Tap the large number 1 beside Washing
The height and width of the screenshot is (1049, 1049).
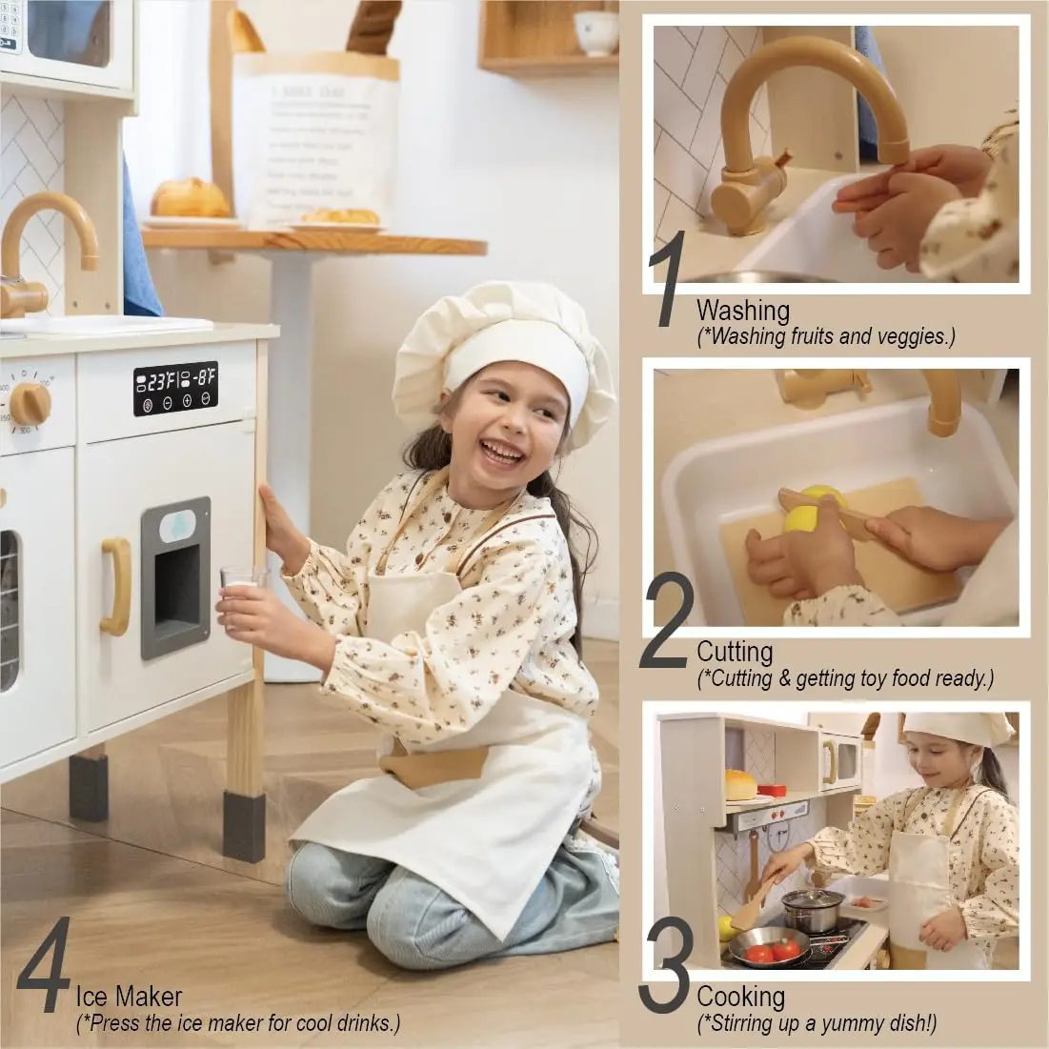pyautogui.click(x=671, y=277)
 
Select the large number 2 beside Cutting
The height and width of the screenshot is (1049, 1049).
pyautogui.click(x=666, y=620)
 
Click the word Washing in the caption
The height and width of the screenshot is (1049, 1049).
pyautogui.click(x=742, y=311)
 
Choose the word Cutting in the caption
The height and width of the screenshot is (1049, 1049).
pyautogui.click(x=734, y=652)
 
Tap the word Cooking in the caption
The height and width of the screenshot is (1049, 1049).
pyautogui.click(x=740, y=997)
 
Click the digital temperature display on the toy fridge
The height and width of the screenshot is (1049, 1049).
pyautogui.click(x=175, y=388)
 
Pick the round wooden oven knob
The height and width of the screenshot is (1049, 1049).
pyautogui.click(x=30, y=404)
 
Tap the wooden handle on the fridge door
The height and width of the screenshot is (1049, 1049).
pyautogui.click(x=116, y=586)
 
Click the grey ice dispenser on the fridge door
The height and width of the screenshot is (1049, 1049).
pyautogui.click(x=176, y=577)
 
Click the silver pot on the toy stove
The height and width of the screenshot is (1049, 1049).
pyautogui.click(x=813, y=910)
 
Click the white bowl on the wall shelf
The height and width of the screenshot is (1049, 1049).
pyautogui.click(x=595, y=32)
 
